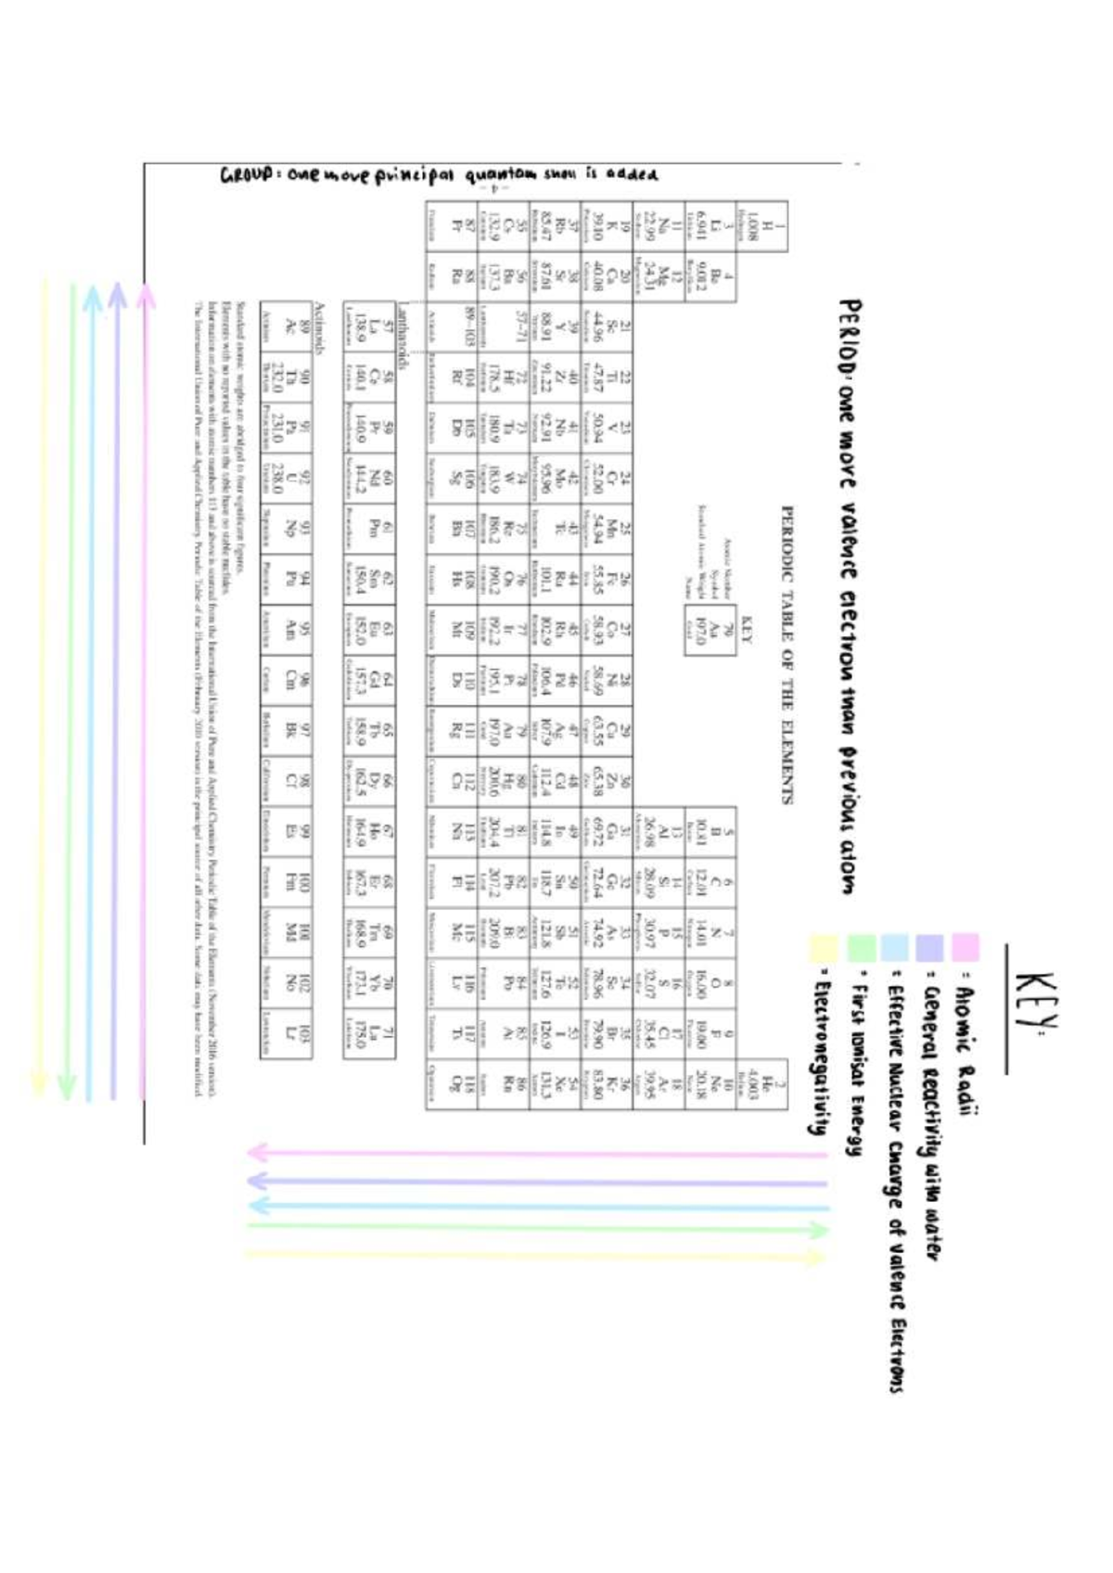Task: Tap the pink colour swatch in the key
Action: pyautogui.click(x=966, y=947)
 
